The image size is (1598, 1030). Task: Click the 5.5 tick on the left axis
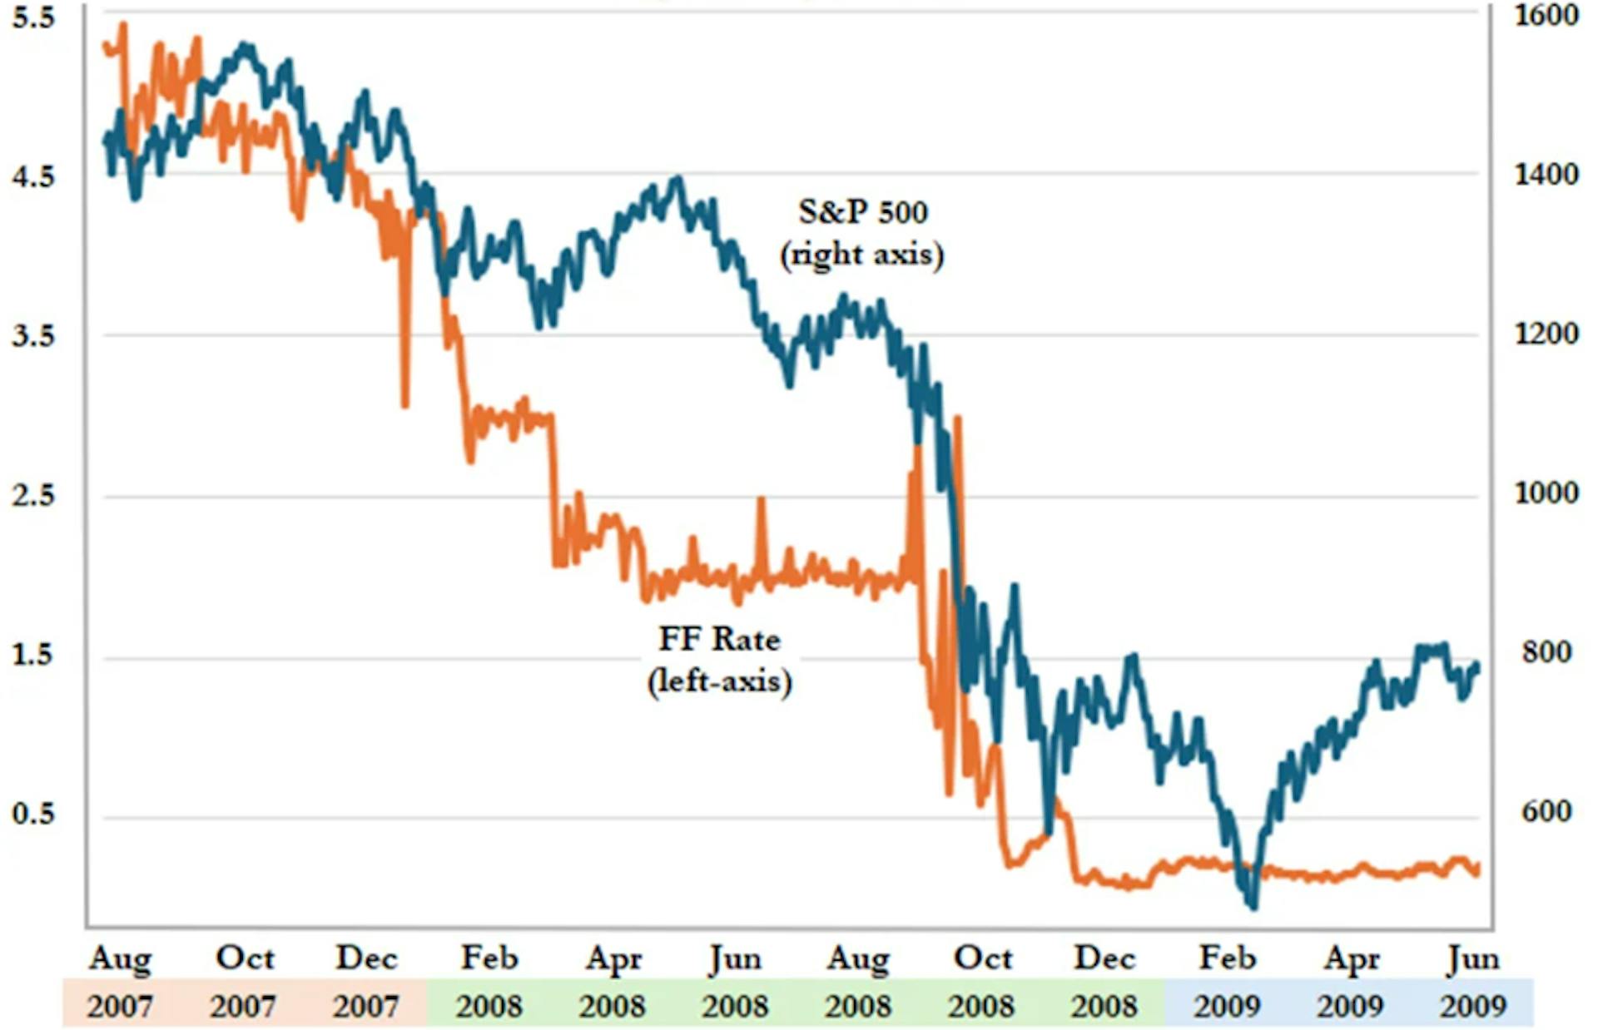[x=33, y=17]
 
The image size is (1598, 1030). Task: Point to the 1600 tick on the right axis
[x=1546, y=15]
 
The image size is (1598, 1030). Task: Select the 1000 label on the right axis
[x=1546, y=493]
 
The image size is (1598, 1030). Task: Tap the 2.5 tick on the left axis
[x=33, y=495]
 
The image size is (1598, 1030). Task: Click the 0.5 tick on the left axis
[x=33, y=813]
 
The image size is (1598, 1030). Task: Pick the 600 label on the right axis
[x=1546, y=811]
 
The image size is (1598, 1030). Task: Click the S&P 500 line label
[x=862, y=211]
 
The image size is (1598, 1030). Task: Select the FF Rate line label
[x=719, y=639]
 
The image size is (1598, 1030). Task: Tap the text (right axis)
[x=862, y=254]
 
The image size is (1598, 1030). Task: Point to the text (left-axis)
[x=719, y=681]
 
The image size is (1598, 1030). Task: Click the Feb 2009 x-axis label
[x=1227, y=982]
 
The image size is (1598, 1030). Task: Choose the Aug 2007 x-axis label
[x=121, y=982]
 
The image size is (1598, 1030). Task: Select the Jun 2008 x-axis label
[x=735, y=982]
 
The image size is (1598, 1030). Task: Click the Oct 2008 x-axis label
[x=982, y=982]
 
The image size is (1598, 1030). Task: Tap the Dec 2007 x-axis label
[x=367, y=982]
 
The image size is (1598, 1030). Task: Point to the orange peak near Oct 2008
[x=957, y=418]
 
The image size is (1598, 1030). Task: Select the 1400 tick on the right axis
[x=1546, y=175]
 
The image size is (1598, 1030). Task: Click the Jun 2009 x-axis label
[x=1473, y=982]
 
